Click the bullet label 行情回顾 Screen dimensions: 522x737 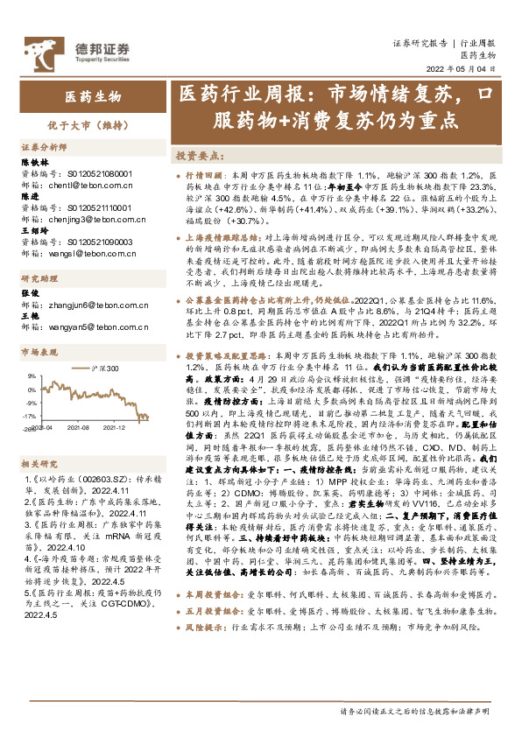pyautogui.click(x=204, y=176)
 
